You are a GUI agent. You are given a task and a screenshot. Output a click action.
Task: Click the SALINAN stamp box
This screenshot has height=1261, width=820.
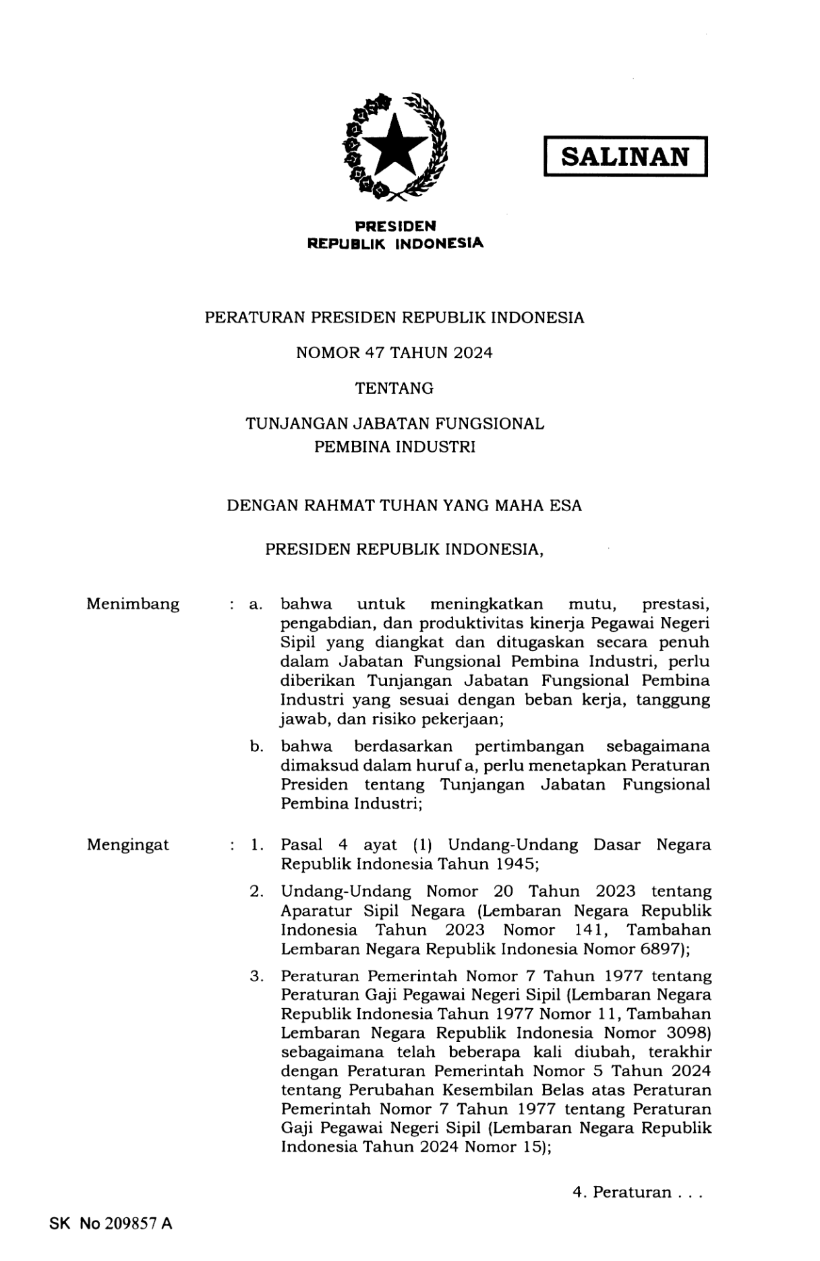625,156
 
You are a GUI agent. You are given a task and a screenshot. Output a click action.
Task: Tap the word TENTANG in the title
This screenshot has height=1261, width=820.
394,388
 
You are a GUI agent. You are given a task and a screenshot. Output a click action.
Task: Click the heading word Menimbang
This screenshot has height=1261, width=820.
133,604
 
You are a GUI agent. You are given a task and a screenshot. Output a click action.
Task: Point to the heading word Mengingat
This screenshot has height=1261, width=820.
127,844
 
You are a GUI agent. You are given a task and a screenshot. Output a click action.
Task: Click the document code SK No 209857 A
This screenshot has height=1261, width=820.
111,1223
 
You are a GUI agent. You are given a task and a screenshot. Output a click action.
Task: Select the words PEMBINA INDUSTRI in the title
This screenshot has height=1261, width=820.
394,447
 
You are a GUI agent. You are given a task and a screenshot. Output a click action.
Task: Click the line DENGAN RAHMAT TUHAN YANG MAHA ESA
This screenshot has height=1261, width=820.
404,505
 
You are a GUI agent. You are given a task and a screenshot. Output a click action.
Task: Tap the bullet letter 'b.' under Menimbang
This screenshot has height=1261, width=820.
256,746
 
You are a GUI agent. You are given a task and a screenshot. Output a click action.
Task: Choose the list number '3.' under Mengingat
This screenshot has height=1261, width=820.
256,976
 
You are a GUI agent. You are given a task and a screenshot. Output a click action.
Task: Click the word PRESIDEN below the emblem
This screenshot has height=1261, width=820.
395,227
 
